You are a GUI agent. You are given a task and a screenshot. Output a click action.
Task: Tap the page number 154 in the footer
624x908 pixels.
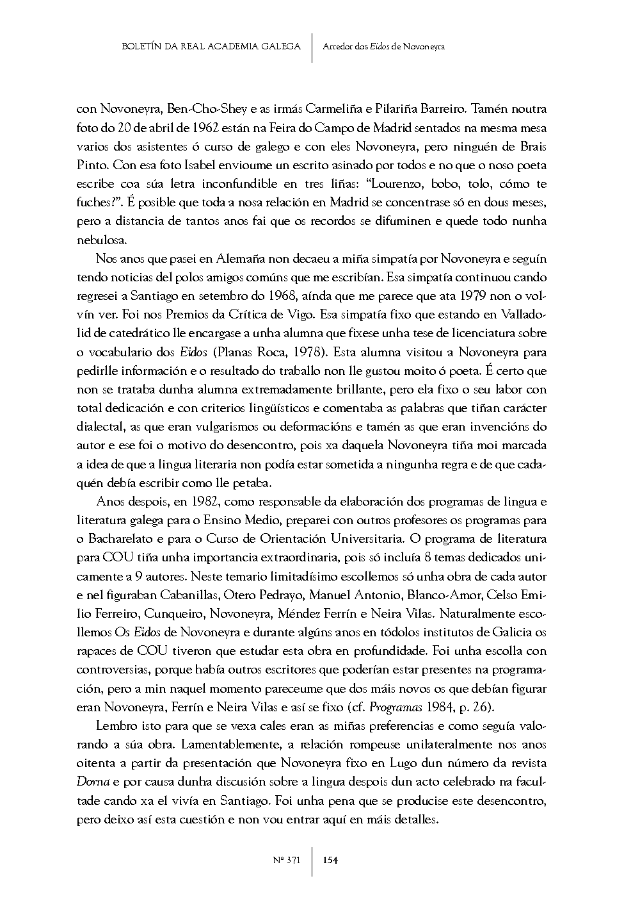coord(330,860)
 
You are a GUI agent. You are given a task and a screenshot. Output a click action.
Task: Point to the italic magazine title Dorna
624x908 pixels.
coord(91,782)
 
